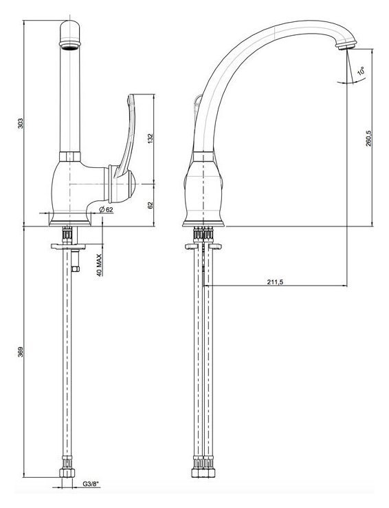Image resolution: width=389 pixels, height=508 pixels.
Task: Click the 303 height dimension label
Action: pos(21,123)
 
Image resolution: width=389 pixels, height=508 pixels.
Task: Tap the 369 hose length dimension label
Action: pos(21,352)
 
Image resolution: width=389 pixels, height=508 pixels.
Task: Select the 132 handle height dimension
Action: pos(150,138)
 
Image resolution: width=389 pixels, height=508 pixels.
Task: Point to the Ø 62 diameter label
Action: pos(106,210)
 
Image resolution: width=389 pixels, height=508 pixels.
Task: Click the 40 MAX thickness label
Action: pos(99,265)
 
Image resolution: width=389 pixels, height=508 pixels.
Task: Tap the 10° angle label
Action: pos(361,71)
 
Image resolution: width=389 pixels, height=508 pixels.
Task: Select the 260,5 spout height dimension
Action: pos(368,138)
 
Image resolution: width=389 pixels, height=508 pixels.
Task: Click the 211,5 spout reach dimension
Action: pos(275,282)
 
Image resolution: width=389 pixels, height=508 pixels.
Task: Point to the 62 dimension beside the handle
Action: pos(150,205)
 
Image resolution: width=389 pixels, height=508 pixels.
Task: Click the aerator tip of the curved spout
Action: pos(346,45)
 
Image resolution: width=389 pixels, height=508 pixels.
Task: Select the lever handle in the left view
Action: pos(126,136)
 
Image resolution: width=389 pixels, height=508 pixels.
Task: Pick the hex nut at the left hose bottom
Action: pos(67,473)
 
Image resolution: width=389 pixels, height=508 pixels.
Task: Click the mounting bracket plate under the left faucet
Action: pos(68,246)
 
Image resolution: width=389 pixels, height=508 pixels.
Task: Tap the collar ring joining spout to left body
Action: pos(70,156)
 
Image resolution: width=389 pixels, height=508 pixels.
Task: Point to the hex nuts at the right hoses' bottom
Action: pos(203,472)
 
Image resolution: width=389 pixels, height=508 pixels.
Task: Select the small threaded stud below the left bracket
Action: pos(75,260)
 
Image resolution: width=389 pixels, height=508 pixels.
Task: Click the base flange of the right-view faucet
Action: pos(203,223)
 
